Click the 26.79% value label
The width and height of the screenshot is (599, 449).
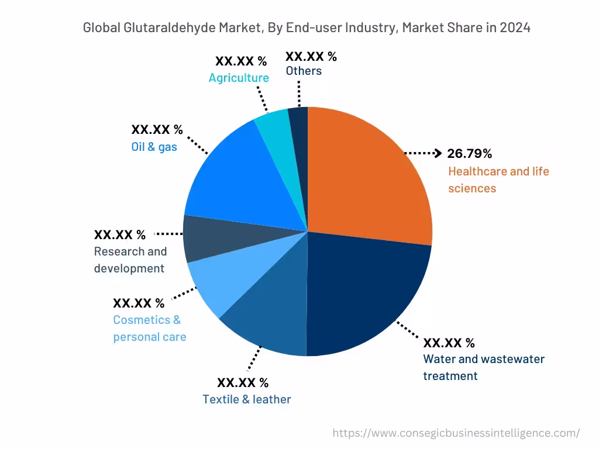click(469, 154)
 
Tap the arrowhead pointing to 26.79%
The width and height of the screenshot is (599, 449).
click(437, 153)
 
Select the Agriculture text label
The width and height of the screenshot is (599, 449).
click(239, 78)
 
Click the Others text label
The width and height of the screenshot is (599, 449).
click(304, 71)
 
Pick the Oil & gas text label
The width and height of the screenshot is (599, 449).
click(154, 147)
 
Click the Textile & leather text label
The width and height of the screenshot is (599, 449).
click(246, 399)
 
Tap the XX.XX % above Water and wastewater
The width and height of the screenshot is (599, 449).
click(449, 343)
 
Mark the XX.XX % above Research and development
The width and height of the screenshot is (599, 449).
click(120, 235)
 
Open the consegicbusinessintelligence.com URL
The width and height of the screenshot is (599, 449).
click(456, 433)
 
